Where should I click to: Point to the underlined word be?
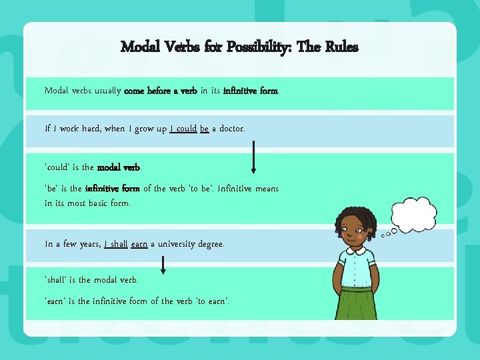204,128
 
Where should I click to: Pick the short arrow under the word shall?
163,265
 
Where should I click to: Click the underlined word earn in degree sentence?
139,245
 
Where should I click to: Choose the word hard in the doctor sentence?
89,128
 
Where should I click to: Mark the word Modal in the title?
139,47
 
